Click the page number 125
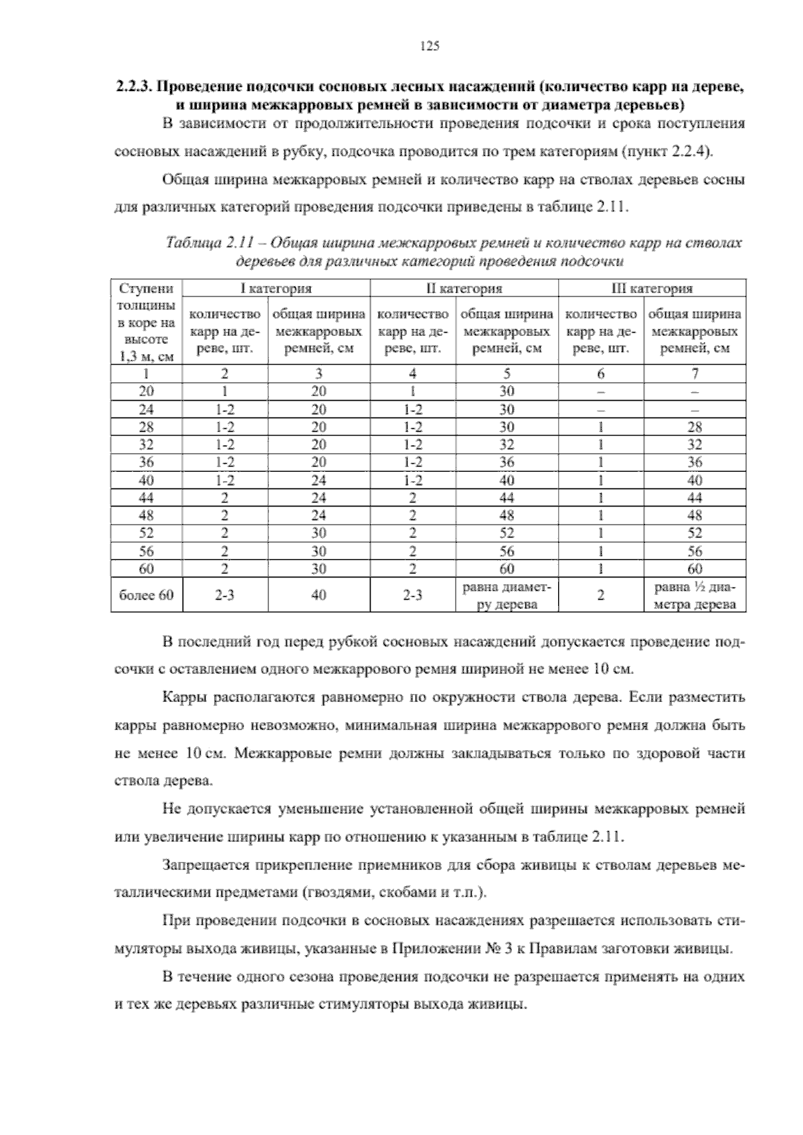tap(428, 46)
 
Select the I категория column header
tap(276, 288)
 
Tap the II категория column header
tap(464, 288)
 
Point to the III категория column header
tap(652, 288)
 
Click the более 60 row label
tap(146, 594)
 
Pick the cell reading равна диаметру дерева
tap(507, 595)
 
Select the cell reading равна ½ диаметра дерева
tap(695, 595)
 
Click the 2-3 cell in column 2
tap(225, 594)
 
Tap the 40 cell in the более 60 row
tap(319, 594)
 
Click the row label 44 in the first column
tap(146, 498)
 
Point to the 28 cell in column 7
tap(695, 427)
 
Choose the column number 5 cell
tap(507, 373)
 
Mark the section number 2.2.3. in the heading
tap(135, 87)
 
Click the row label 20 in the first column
tap(146, 391)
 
